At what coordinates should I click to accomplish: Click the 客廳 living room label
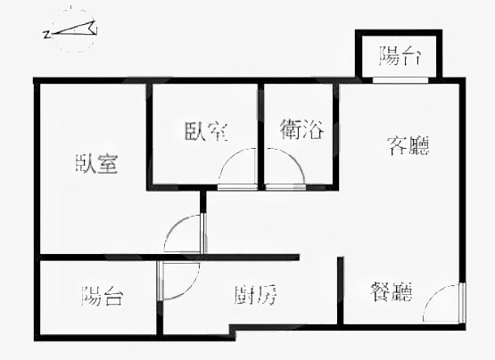click(408, 146)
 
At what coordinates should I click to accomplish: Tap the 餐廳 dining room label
click(392, 291)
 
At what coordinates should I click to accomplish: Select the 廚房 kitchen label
click(255, 295)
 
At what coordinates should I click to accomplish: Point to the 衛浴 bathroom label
click(301, 129)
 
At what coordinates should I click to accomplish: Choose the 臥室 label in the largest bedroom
click(96, 163)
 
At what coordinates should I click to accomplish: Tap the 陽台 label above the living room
click(400, 56)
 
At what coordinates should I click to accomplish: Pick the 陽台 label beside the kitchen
click(102, 296)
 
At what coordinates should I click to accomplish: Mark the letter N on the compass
click(46, 34)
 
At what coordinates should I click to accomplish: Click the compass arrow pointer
click(75, 29)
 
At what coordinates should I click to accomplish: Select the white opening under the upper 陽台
click(400, 80)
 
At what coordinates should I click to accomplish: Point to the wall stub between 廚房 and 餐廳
click(341, 290)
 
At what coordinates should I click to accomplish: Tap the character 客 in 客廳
click(397, 146)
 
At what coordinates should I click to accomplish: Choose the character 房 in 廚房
click(267, 295)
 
